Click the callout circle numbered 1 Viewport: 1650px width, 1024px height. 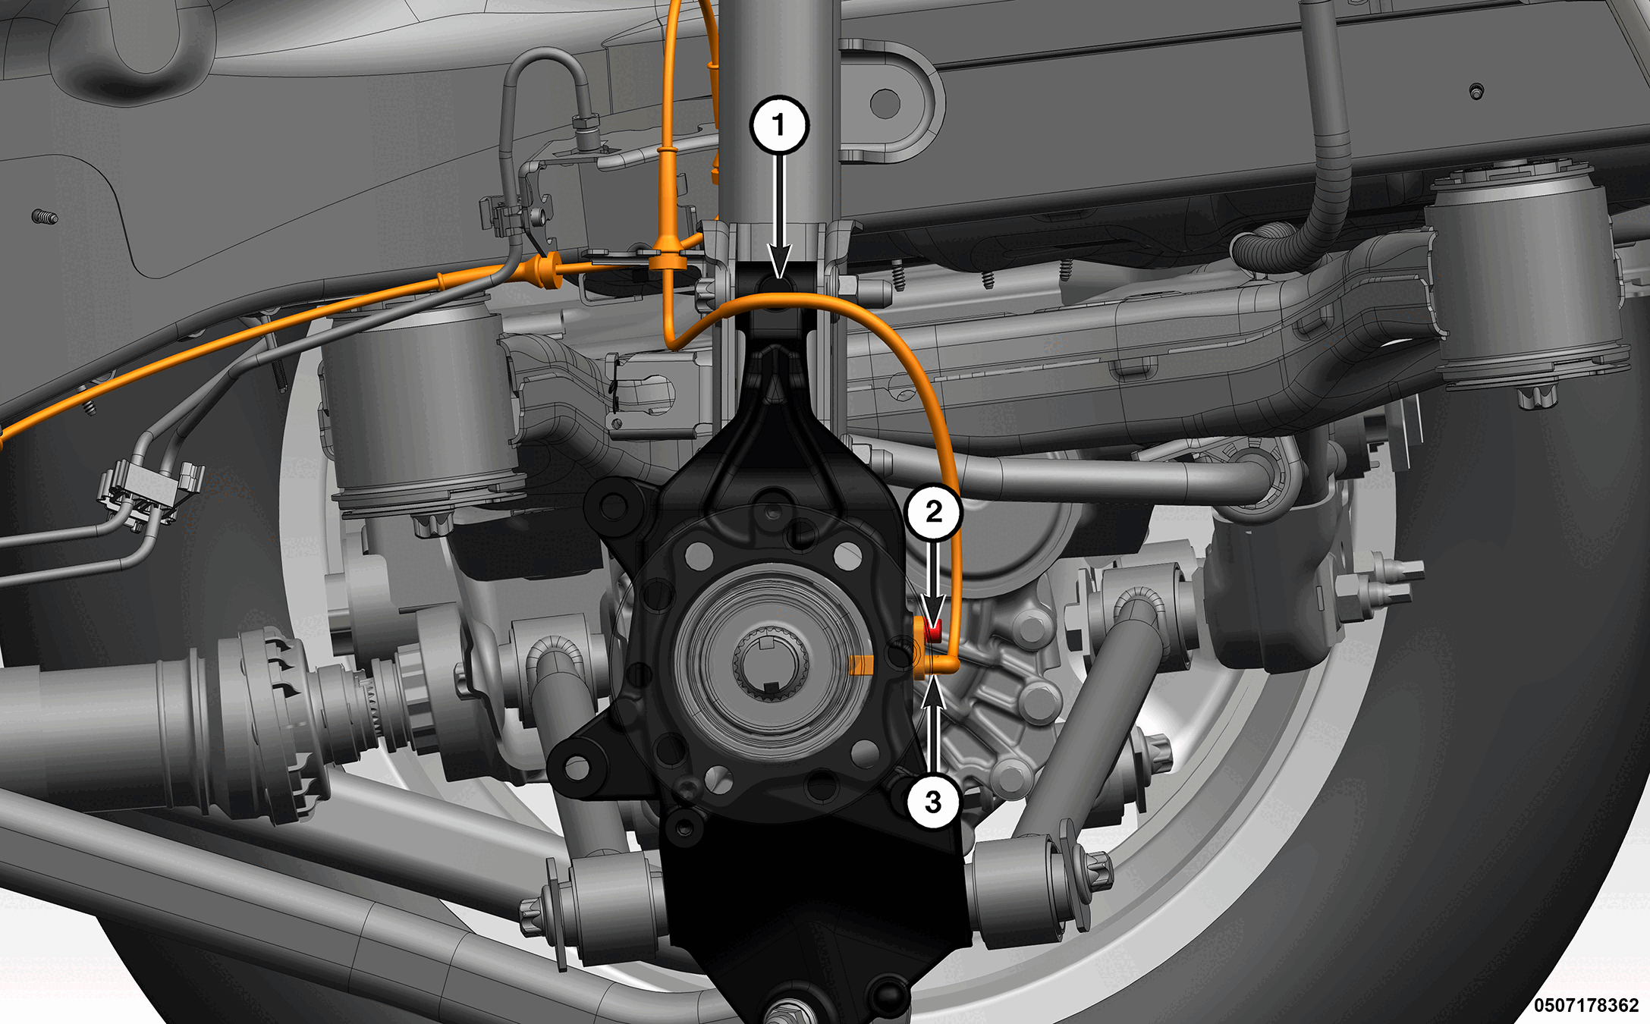point(779,125)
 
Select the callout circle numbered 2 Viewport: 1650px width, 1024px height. point(934,512)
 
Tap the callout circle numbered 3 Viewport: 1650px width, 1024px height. point(933,801)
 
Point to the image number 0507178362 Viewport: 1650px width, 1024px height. point(1586,1005)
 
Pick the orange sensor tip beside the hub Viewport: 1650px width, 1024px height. point(861,666)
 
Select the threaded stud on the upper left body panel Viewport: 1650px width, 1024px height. point(45,218)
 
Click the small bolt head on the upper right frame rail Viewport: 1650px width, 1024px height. point(1476,92)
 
